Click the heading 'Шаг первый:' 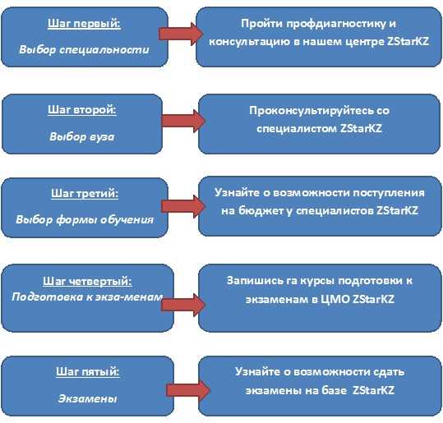coord(84,24)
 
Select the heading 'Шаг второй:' coord(82,109)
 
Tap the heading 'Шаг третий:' coord(85,193)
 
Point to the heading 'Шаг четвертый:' coord(87,281)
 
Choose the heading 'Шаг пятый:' coord(88,371)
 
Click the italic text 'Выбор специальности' coord(84,50)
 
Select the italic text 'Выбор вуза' coord(82,136)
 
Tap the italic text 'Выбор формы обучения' coord(85,219)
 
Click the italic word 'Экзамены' coord(88,398)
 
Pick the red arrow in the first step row coord(181,34)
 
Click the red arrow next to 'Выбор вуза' coord(183,121)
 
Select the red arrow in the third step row coord(183,206)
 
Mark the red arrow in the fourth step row coord(183,305)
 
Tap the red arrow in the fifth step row coord(188,390)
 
